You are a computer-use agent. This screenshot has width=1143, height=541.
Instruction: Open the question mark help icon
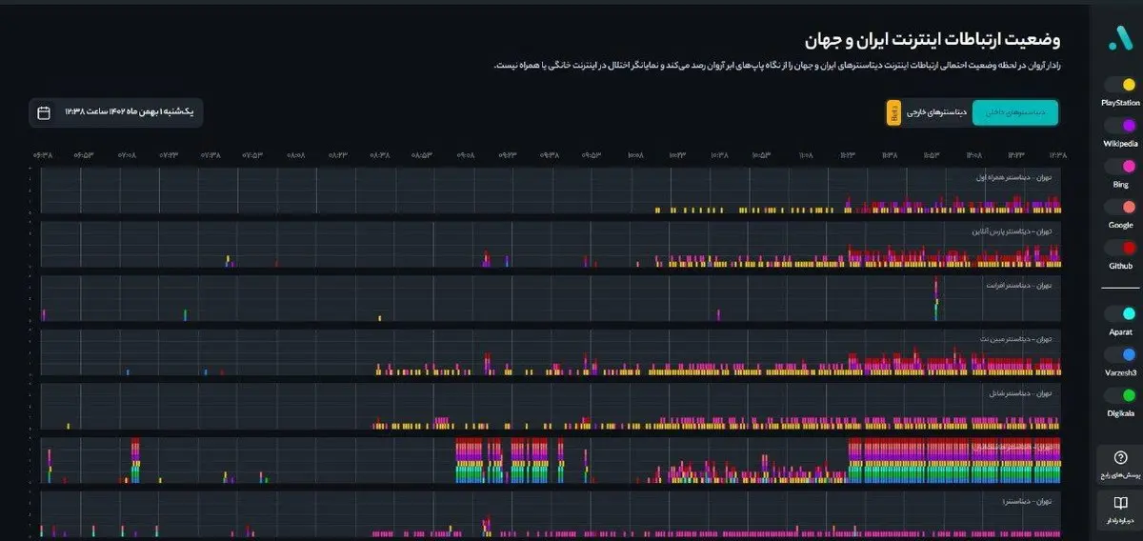1120,458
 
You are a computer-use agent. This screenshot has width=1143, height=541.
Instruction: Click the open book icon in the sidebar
1120,504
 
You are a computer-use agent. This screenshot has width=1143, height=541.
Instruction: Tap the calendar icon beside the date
44,112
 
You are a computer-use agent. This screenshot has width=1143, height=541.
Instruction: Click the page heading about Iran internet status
932,40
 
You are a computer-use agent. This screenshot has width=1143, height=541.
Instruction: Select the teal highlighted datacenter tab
1014,112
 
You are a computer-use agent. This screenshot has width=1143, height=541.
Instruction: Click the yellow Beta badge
894,112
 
